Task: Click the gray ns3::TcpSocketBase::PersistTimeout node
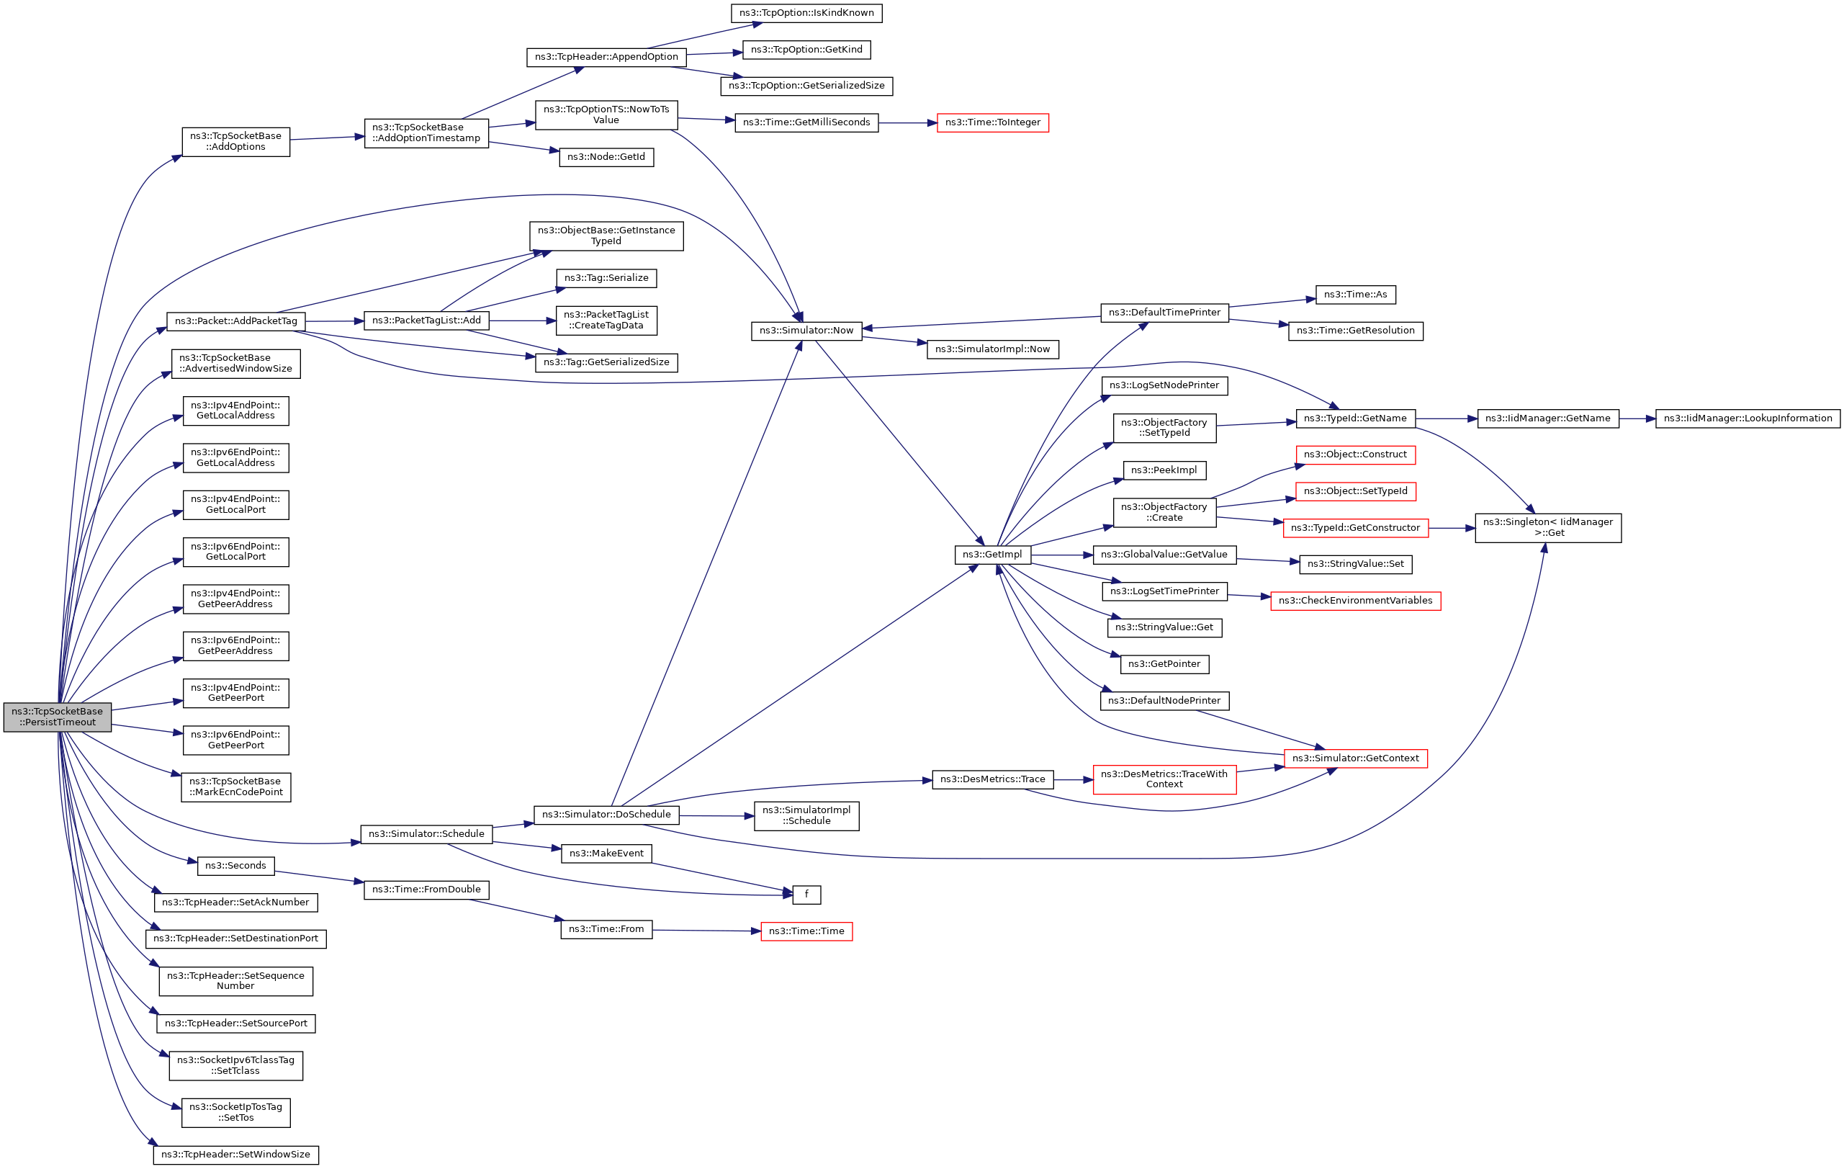tap(58, 717)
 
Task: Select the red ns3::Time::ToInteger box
tap(992, 122)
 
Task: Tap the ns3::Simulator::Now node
tap(806, 330)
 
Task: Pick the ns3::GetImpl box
tap(992, 555)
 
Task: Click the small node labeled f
tap(806, 894)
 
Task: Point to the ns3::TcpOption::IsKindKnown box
tap(806, 13)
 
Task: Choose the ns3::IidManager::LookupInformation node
tap(1748, 418)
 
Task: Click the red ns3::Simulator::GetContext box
tap(1355, 758)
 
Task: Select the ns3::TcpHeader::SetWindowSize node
tap(236, 1155)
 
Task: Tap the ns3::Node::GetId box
tap(606, 157)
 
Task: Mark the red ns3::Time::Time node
tap(806, 931)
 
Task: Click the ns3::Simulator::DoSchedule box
tap(606, 815)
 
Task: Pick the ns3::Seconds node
tap(236, 866)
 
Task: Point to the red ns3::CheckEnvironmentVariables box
tap(1355, 601)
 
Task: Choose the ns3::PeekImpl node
tap(1164, 470)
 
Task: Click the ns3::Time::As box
tap(1355, 295)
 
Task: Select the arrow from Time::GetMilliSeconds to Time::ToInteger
tap(907, 122)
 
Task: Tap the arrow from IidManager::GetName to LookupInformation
tap(1637, 419)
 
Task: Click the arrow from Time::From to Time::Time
tap(707, 931)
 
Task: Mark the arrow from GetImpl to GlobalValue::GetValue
tap(1062, 555)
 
